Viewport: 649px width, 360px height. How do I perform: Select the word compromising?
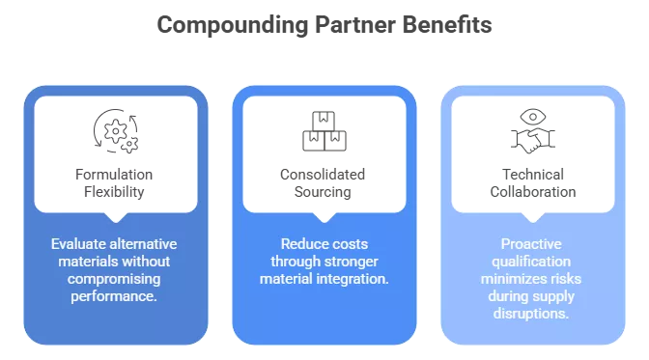coord(115,279)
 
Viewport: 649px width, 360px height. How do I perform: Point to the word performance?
coord(115,296)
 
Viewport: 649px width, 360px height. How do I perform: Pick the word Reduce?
coord(301,244)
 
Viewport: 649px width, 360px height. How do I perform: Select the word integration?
coord(352,279)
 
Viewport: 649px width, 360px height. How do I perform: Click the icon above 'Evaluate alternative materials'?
coord(116,129)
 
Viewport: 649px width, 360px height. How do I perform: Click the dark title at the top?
coord(324,27)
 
